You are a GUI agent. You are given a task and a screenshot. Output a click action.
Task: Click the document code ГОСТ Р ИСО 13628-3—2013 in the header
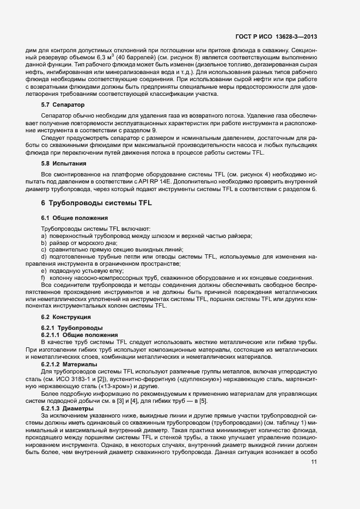click(x=277, y=37)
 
